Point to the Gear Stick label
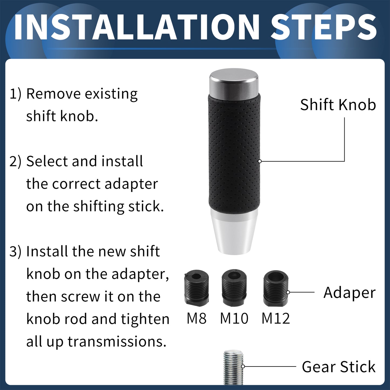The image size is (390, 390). [339, 367]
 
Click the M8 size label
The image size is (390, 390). [196, 318]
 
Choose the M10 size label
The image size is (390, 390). [234, 318]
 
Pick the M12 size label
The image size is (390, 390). [276, 318]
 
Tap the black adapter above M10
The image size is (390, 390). [234, 288]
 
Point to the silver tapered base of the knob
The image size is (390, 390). [234, 231]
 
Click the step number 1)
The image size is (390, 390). [16, 94]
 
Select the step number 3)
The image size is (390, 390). [15, 252]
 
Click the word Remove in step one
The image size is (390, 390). [54, 94]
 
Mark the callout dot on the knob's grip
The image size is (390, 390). [260, 161]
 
